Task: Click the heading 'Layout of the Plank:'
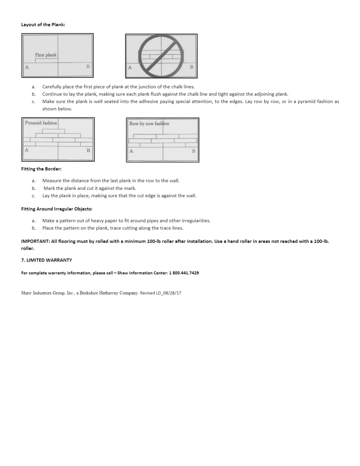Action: click(x=43, y=25)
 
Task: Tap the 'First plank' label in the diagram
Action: click(x=46, y=55)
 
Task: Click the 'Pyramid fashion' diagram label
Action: click(x=41, y=123)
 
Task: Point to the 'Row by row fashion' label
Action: click(x=149, y=124)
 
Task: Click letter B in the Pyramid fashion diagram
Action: click(x=88, y=150)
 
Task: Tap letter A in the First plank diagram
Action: click(x=27, y=67)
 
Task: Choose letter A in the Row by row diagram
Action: click(x=131, y=151)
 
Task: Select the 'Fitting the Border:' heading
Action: click(x=41, y=169)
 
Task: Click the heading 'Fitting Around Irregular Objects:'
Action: click(x=56, y=209)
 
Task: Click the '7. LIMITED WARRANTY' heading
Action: click(x=46, y=260)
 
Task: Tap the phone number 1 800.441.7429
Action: click(x=184, y=273)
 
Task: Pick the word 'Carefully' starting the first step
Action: click(x=52, y=87)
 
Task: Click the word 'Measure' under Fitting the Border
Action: click(x=51, y=181)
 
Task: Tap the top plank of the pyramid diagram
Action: click(x=53, y=131)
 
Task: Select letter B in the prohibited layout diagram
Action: click(x=191, y=67)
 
